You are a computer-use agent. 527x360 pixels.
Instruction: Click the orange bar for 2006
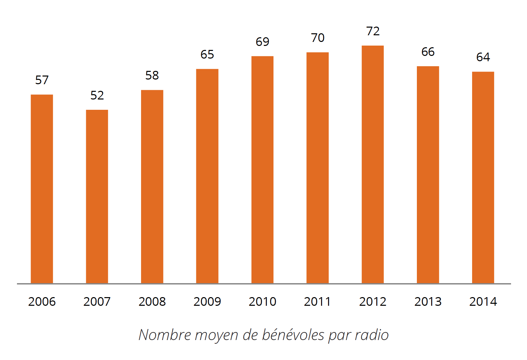[42, 189]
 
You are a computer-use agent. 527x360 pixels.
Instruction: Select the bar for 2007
[97, 196]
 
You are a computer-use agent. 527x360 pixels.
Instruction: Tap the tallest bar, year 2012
[373, 164]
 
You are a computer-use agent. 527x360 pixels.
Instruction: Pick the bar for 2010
[262, 170]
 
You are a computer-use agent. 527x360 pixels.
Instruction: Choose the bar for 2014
[483, 177]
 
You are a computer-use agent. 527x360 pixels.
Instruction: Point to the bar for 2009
[207, 176]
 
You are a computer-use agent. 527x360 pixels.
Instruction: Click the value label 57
[42, 80]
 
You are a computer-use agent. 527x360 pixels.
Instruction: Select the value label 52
[97, 95]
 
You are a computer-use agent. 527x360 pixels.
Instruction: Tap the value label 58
[152, 76]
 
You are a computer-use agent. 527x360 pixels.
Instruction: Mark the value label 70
[318, 38]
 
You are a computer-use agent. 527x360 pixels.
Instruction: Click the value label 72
[373, 31]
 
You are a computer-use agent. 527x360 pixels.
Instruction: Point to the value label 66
[428, 52]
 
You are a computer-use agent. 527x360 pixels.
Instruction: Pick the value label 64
[483, 57]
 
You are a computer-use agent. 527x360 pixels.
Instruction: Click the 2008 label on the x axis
[152, 302]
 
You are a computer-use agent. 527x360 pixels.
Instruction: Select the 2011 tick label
[317, 302]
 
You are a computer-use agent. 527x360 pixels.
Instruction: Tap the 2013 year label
[428, 302]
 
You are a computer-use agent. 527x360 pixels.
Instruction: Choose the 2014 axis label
[483, 302]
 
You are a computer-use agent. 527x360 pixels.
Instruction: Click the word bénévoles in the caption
[293, 335]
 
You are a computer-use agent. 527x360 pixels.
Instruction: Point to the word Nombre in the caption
[165, 335]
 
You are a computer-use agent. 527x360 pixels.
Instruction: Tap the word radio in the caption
[372, 335]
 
